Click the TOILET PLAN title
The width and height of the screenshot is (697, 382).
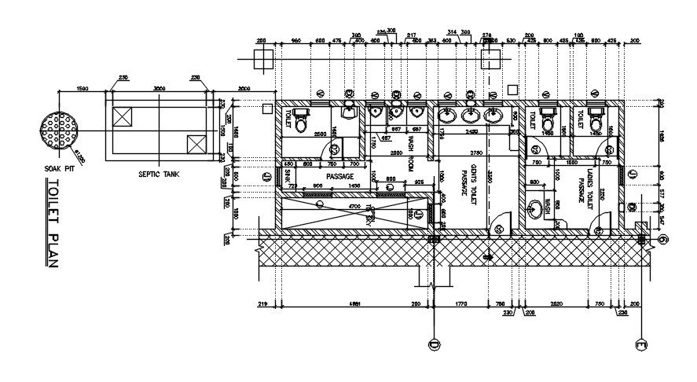point(53,224)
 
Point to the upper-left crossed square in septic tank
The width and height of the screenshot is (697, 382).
point(123,117)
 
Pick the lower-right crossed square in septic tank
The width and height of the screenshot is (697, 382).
point(195,145)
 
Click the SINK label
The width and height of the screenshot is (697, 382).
point(288,177)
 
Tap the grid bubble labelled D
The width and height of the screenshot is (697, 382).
point(433,343)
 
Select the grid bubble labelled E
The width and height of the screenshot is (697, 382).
point(642,343)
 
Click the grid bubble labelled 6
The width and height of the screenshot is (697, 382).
point(664,240)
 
